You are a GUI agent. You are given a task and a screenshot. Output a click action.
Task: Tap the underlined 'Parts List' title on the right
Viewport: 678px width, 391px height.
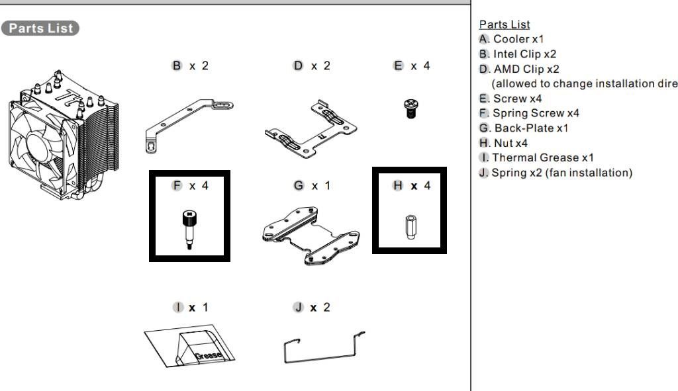click(x=504, y=24)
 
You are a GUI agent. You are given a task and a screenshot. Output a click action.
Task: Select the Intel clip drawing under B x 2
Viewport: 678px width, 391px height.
click(x=189, y=120)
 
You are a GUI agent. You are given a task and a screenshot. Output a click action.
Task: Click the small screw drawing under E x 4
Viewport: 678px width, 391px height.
click(x=411, y=108)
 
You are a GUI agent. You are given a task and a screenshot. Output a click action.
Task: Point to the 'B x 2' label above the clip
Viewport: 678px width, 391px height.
click(x=190, y=67)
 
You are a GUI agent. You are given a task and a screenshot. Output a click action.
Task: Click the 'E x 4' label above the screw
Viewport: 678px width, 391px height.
click(x=411, y=67)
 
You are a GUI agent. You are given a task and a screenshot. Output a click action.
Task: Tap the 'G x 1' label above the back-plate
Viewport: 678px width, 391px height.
click(x=311, y=186)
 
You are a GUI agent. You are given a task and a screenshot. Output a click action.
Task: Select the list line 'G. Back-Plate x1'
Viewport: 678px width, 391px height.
click(x=524, y=128)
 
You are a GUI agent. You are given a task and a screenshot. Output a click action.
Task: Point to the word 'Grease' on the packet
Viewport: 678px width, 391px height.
click(x=209, y=356)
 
